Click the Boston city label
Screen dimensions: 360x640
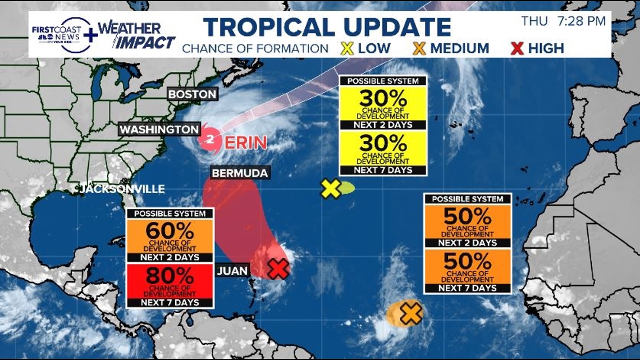pyautogui.click(x=192, y=94)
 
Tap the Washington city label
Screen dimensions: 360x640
pyautogui.click(x=159, y=129)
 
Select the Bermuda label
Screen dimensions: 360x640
pyautogui.click(x=240, y=172)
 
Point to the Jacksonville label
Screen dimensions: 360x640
pyautogui.click(x=122, y=189)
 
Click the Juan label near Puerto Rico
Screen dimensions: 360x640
pyautogui.click(x=232, y=271)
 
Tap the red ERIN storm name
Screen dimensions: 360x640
pyautogui.click(x=246, y=143)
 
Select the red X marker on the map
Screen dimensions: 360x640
pyautogui.click(x=277, y=268)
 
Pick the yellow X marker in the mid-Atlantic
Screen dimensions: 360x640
pyautogui.click(x=331, y=189)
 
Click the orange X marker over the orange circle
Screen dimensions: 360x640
pyautogui.click(x=411, y=313)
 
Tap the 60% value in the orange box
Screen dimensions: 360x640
pyautogui.click(x=170, y=231)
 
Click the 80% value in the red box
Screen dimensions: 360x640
pyautogui.click(x=170, y=276)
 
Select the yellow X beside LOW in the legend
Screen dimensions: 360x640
pyautogui.click(x=347, y=48)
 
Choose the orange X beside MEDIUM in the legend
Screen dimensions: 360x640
pyautogui.click(x=419, y=48)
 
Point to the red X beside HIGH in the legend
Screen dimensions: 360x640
pyautogui.click(x=517, y=48)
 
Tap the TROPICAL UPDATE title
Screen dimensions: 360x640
pyautogui.click(x=327, y=27)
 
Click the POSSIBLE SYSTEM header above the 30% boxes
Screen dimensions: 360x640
pyautogui.click(x=383, y=81)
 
